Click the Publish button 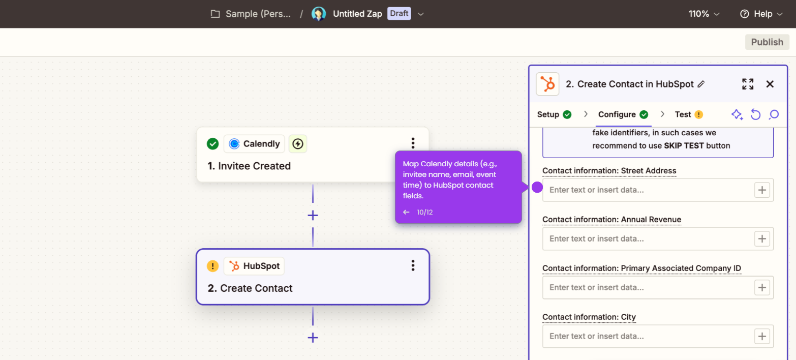point(767,42)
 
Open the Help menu point(761,14)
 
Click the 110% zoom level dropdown point(704,14)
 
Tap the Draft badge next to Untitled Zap point(399,14)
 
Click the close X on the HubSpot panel point(770,84)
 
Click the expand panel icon point(748,84)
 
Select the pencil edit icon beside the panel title point(701,84)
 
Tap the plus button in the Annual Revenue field point(762,239)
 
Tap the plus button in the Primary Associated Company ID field point(762,287)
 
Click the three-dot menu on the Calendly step point(413,143)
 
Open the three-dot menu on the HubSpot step point(413,265)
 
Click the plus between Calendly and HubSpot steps point(313,216)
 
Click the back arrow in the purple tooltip point(406,212)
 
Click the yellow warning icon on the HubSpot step point(212,266)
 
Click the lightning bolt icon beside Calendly point(298,143)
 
